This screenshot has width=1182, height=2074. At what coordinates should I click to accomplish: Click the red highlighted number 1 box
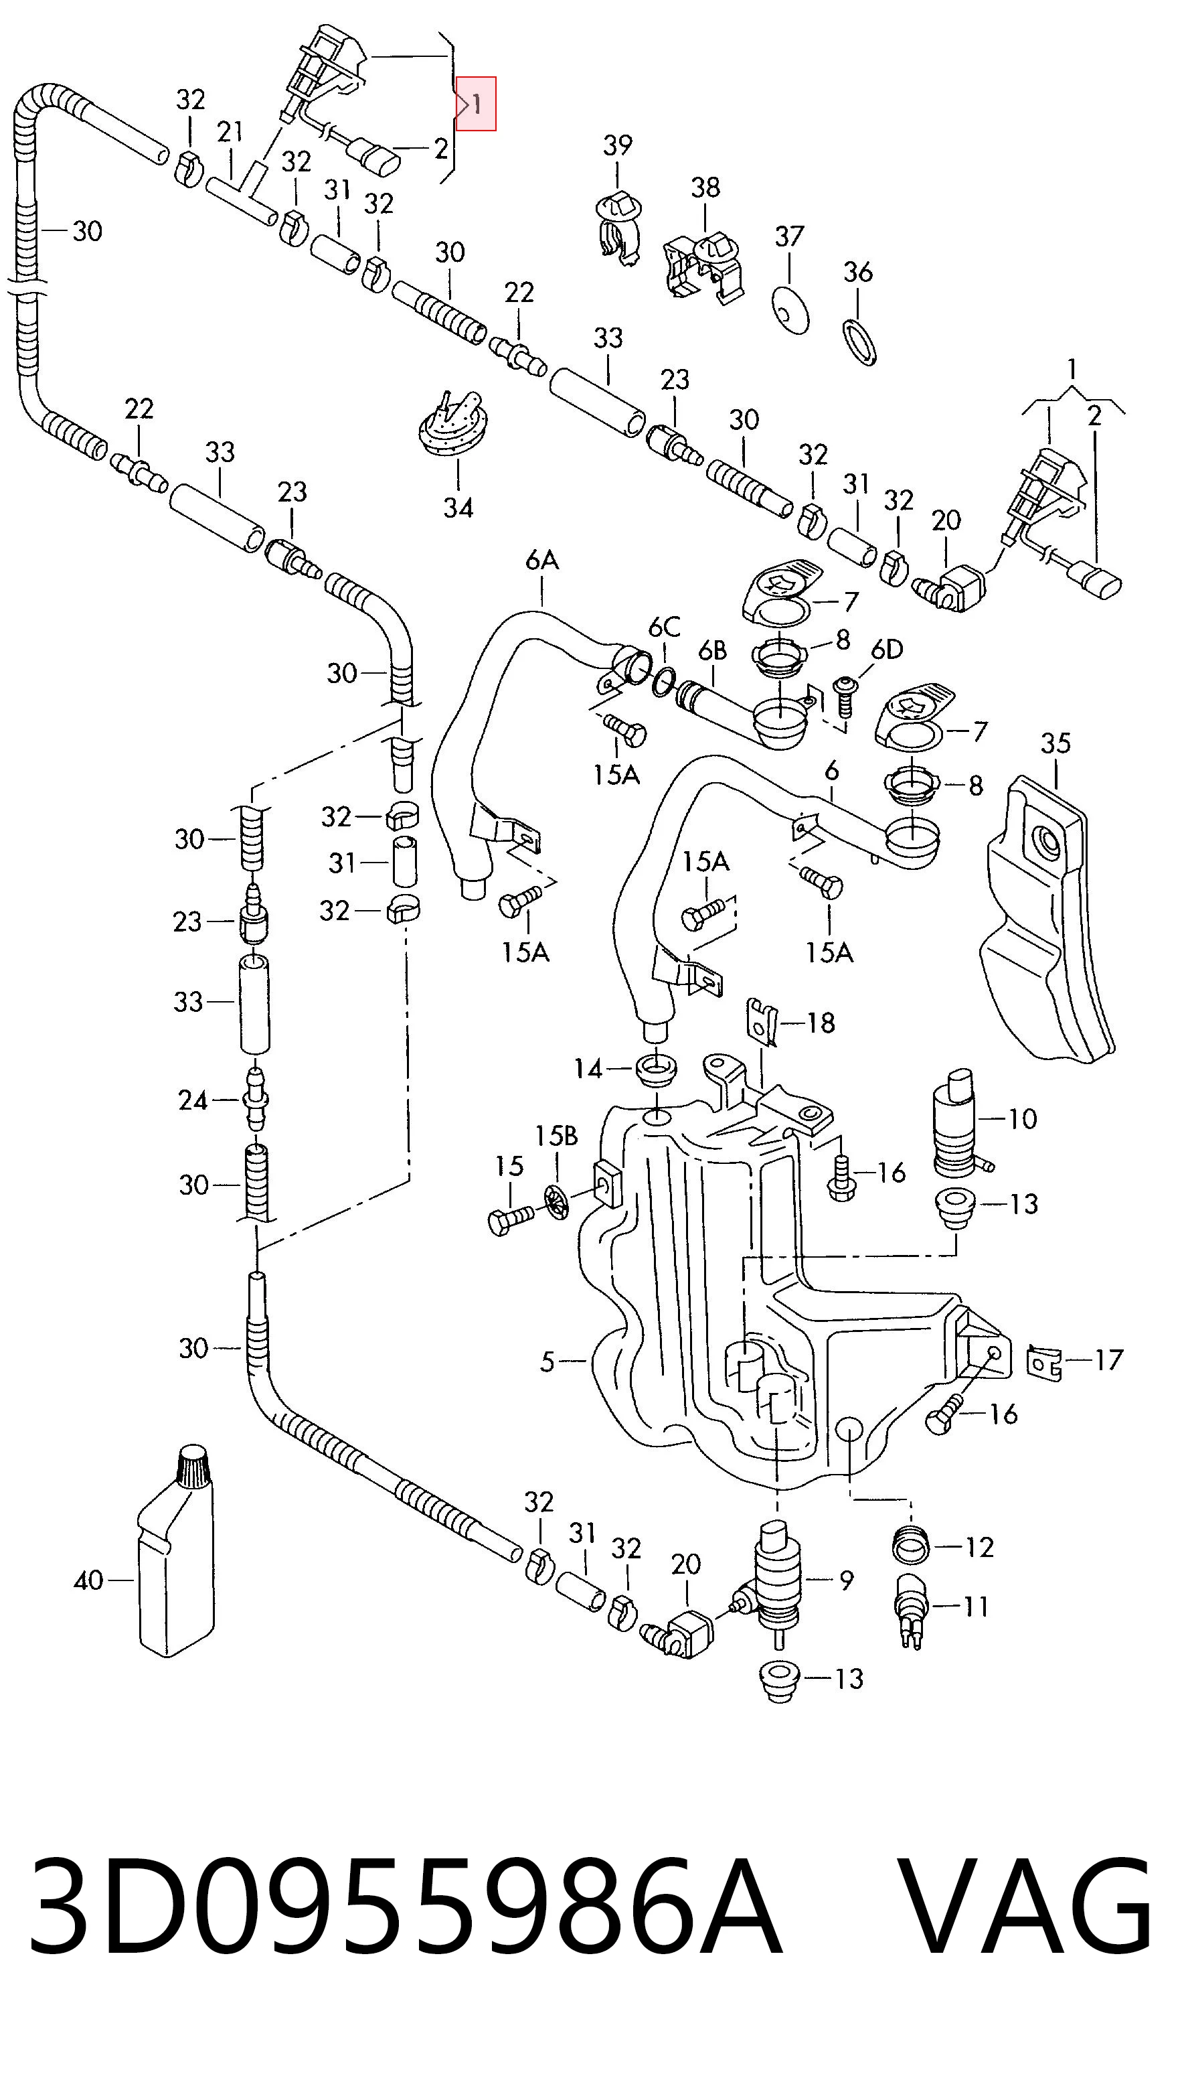[x=476, y=103]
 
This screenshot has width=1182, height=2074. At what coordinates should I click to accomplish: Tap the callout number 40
[x=88, y=1580]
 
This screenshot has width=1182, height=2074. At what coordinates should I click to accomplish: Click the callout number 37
[x=789, y=236]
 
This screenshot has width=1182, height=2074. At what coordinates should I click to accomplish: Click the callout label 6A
[x=542, y=559]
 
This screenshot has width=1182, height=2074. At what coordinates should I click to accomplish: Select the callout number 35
[x=1056, y=743]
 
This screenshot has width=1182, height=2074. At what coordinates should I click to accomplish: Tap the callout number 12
[x=979, y=1547]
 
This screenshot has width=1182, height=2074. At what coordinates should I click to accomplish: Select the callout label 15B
[x=556, y=1135]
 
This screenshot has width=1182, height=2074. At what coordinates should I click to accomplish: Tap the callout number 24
[x=193, y=1100]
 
